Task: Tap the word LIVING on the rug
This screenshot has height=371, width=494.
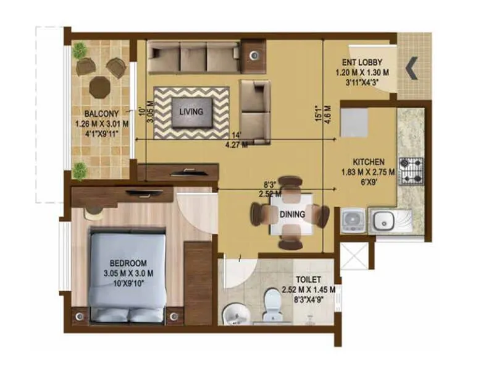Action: (191, 112)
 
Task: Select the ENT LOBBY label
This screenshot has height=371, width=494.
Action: (362, 62)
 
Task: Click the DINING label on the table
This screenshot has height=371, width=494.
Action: (292, 215)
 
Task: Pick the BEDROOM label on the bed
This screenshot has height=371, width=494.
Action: (127, 262)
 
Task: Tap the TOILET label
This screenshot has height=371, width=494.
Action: (307, 279)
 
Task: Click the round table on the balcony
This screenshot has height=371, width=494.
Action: (99, 87)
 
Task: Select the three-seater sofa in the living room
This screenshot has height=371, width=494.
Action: (193, 57)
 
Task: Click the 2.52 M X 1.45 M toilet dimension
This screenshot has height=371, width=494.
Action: (308, 289)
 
